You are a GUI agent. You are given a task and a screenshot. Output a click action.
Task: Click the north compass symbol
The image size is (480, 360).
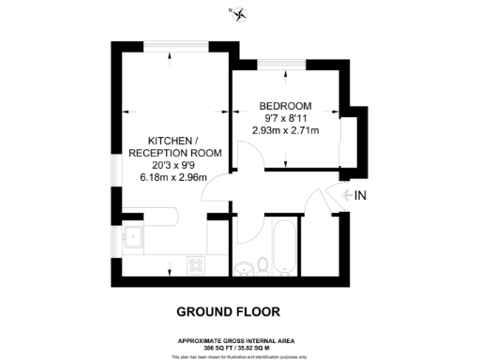(x=240, y=13)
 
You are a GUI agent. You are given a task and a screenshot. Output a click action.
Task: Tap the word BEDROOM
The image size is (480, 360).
(x=286, y=105)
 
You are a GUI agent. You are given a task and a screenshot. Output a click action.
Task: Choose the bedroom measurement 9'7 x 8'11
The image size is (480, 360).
(x=286, y=117)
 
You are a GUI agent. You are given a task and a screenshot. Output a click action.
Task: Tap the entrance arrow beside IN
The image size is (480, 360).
(x=347, y=195)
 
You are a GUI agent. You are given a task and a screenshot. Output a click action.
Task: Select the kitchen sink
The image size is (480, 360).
(x=134, y=238)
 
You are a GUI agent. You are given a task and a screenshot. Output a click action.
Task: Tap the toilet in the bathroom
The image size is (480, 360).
(x=264, y=263)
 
